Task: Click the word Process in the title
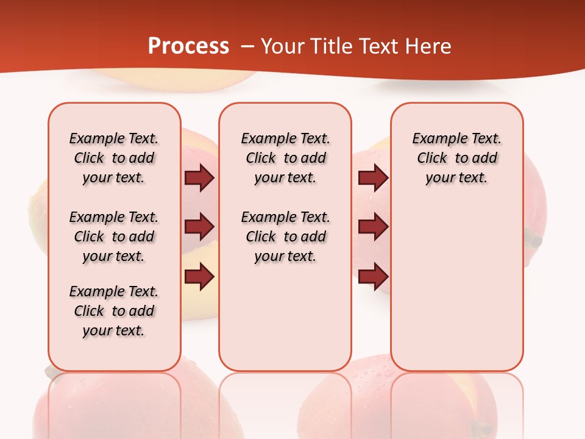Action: coord(188,46)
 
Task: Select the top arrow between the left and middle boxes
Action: coord(199,178)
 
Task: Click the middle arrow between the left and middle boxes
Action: coord(199,227)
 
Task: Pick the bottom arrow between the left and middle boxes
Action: coord(199,277)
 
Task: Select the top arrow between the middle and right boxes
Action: coord(373,178)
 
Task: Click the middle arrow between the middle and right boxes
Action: coord(373,227)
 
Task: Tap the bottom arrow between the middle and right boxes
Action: coord(373,277)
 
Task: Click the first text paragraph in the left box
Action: coord(114,158)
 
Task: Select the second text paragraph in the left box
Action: coord(114,237)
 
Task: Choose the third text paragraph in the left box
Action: coord(114,311)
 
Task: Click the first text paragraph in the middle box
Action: coord(285,158)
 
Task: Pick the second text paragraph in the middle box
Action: coord(285,237)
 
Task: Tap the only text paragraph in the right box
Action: coord(457,158)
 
